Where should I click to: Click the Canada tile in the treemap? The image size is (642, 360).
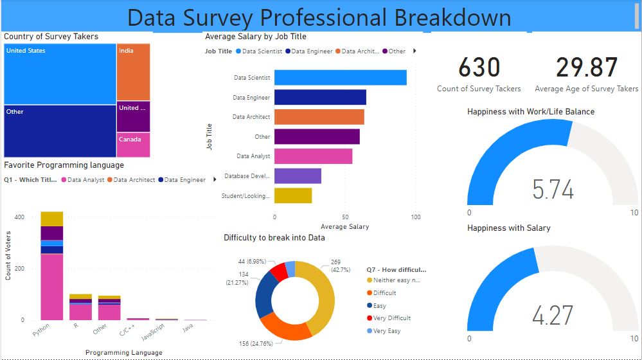[x=133, y=145]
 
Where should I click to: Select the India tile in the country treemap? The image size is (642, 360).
[x=133, y=72]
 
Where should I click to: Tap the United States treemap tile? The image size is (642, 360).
[x=60, y=74]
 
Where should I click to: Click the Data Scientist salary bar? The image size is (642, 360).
[x=340, y=78]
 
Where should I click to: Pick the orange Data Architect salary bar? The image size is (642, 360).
[x=319, y=117]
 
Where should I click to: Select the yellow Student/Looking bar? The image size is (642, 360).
[x=293, y=195]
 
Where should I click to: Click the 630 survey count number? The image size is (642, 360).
[x=479, y=68]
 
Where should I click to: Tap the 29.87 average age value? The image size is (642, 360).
[x=587, y=68]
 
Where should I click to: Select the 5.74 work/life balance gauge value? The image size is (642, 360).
[x=553, y=190]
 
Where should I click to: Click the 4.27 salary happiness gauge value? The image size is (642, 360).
[x=553, y=316]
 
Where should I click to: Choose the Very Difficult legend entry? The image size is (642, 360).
[x=391, y=318]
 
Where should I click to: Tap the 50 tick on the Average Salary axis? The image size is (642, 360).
[x=345, y=217]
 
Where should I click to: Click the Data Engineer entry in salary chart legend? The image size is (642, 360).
[x=312, y=51]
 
